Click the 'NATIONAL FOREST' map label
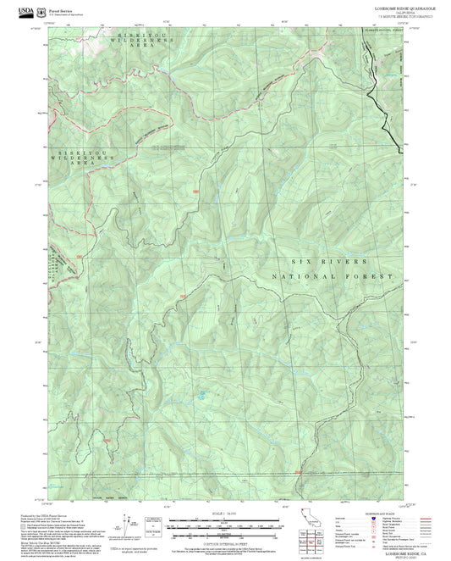[333, 277]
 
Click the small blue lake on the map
[201, 394]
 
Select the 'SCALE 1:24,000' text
[225, 514]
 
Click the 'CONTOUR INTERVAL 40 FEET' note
[225, 540]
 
